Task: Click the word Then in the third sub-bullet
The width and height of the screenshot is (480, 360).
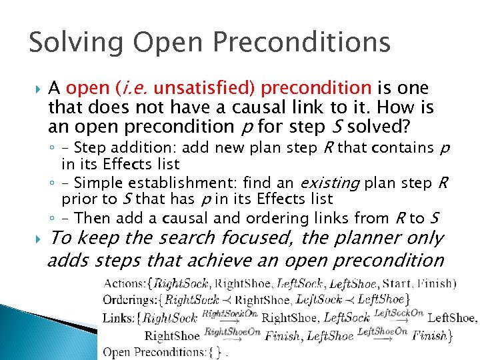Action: pos(90,218)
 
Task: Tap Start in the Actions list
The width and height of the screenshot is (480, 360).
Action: pos(394,284)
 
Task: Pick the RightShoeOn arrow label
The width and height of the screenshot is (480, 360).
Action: pos(231,330)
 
